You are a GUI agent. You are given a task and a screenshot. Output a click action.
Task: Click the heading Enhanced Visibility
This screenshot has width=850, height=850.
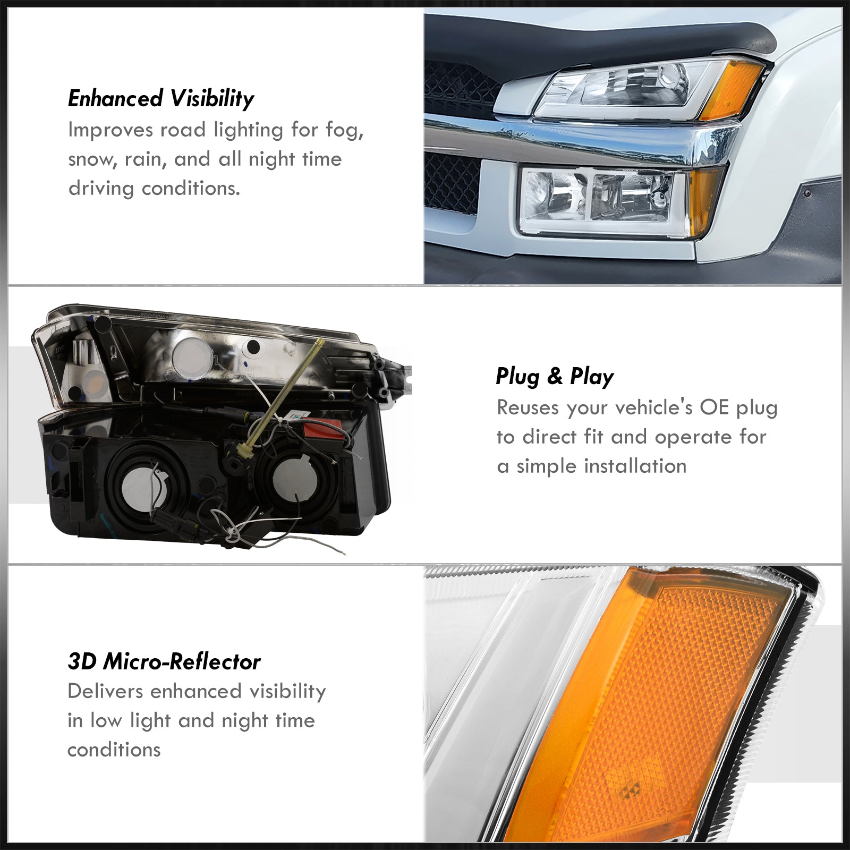161,99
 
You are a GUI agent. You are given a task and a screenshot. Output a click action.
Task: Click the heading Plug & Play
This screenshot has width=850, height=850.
555,377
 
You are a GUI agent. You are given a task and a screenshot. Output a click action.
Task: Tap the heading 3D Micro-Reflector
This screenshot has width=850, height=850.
164,662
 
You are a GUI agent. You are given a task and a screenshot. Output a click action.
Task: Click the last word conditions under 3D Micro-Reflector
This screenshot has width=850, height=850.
114,750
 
